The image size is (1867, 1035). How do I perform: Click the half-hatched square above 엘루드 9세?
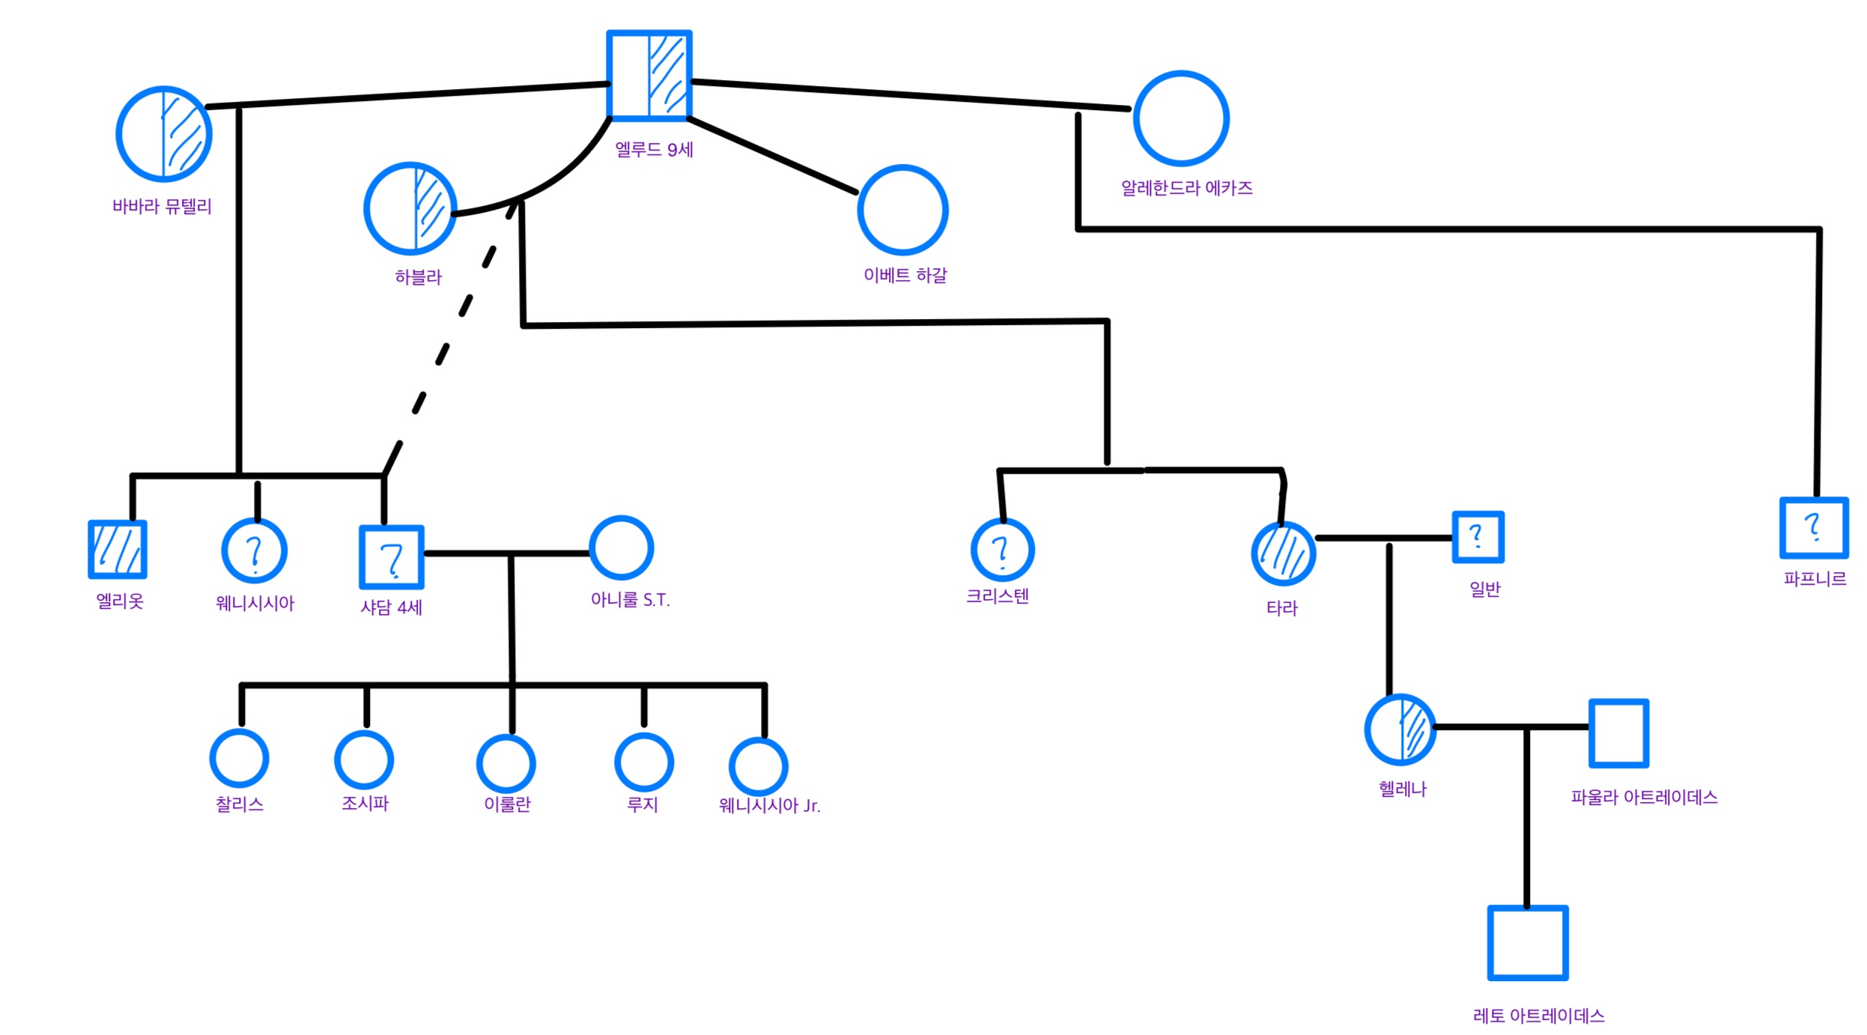point(649,75)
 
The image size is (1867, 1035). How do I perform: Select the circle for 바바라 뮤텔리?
point(163,134)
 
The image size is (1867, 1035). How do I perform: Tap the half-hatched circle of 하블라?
point(410,208)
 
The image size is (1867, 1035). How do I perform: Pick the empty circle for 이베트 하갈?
point(902,210)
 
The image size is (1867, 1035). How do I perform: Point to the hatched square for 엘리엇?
point(118,550)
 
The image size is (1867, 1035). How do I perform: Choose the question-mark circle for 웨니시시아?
point(254,550)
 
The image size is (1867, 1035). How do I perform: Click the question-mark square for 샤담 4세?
point(391,557)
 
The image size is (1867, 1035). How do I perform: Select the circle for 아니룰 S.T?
point(621,547)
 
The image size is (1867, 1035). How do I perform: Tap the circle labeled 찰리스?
point(239,758)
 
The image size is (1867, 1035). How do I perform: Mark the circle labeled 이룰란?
point(506,764)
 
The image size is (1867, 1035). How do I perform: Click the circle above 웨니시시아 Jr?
point(758,767)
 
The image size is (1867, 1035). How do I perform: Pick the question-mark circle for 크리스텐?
point(1001,550)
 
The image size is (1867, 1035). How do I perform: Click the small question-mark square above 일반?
point(1477,536)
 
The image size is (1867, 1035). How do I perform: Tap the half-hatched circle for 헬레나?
point(1399,729)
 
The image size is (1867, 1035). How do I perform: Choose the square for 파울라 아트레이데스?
point(1618,733)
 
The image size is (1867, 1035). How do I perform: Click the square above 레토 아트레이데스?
point(1527,943)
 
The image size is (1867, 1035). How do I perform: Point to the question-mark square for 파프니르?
point(1813,528)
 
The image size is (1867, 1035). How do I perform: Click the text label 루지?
point(642,804)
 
